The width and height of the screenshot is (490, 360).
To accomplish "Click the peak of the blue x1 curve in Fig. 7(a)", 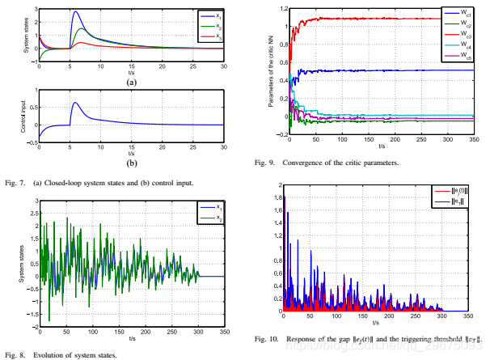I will click(x=75, y=12).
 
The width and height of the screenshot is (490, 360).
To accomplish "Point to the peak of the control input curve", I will click(x=75, y=103).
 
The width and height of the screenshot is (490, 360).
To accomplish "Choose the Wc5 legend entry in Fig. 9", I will click(x=458, y=57).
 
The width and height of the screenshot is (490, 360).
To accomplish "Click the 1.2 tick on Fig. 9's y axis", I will click(x=277, y=9).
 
